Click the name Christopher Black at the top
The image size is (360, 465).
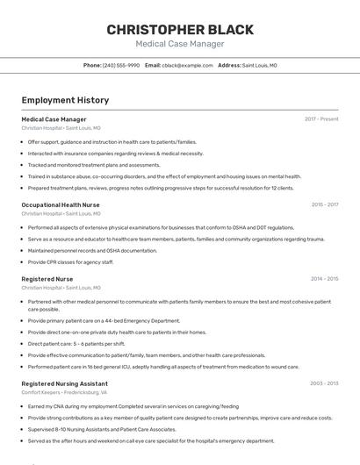pyautogui.click(x=180, y=30)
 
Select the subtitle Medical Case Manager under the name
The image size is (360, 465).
pyautogui.click(x=180, y=44)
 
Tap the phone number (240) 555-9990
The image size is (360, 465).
pyautogui.click(x=120, y=66)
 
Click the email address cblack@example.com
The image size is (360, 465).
pyautogui.click(x=188, y=66)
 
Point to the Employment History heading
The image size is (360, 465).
pyautogui.click(x=65, y=101)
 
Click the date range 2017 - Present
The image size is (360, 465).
pyautogui.click(x=321, y=119)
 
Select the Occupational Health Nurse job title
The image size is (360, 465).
pyautogui.click(x=61, y=204)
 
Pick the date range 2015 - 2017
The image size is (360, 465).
pyautogui.click(x=324, y=204)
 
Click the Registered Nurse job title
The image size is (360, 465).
pyautogui.click(x=47, y=279)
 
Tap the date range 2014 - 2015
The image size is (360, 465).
pyautogui.click(x=324, y=279)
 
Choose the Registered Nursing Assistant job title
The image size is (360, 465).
pyautogui.click(x=64, y=383)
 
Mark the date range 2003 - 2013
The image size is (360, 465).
pyautogui.click(x=324, y=383)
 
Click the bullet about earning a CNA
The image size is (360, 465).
pyautogui.click(x=133, y=406)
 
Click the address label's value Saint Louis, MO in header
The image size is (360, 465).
pyautogui.click(x=259, y=66)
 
